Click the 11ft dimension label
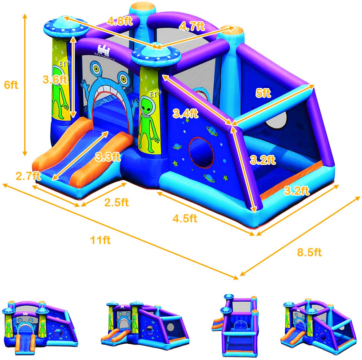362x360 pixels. pyautogui.click(x=100, y=240)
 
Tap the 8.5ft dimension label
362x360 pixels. pyautogui.click(x=309, y=252)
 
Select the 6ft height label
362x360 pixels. pyautogui.click(x=11, y=85)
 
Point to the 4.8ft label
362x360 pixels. pyautogui.click(x=120, y=21)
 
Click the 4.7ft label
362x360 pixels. pyautogui.click(x=192, y=26)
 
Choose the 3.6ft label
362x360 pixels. pyautogui.click(x=55, y=79)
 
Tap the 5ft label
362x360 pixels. pyautogui.click(x=263, y=93)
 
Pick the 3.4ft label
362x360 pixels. pyautogui.click(x=185, y=113)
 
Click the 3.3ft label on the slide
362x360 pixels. pyautogui.click(x=108, y=157)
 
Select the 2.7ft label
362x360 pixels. pyautogui.click(x=28, y=176)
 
